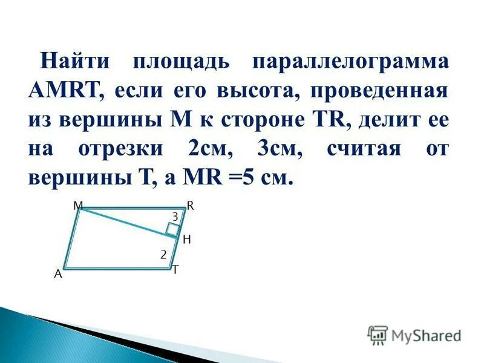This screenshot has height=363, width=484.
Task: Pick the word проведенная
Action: (379, 91)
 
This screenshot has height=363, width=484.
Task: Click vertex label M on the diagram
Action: (78, 206)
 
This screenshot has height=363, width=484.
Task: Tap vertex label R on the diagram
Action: (190, 206)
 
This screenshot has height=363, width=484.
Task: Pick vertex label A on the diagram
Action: (58, 273)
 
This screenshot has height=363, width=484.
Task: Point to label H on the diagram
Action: (186, 240)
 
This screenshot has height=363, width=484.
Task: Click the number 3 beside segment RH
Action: (175, 216)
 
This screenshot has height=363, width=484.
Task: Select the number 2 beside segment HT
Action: (163, 255)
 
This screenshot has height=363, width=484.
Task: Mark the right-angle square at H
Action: (173, 229)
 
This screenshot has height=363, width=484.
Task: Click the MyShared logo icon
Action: (378, 335)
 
